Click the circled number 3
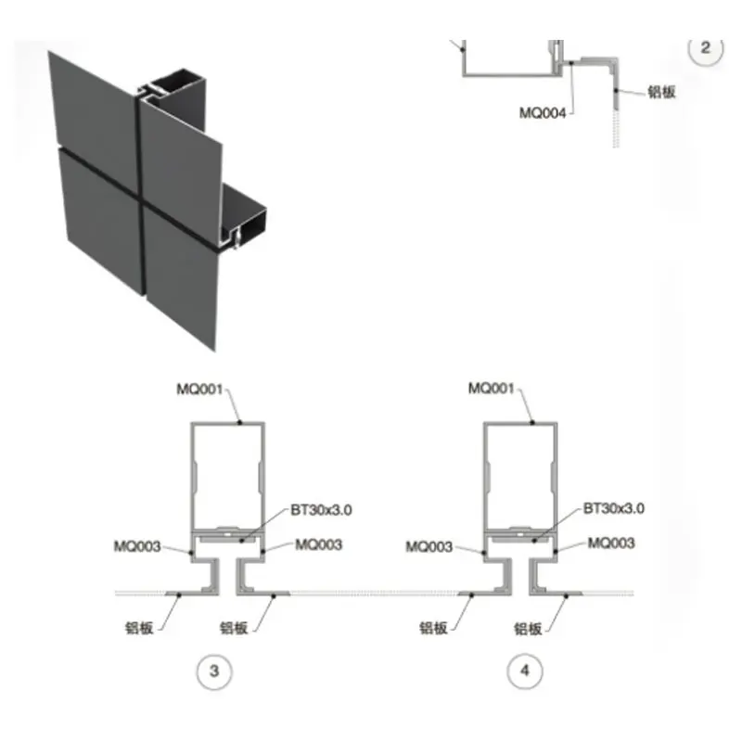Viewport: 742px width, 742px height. point(214,671)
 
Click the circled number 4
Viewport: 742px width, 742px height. point(525,670)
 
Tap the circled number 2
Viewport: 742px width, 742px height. point(706,48)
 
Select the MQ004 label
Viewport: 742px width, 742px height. point(543,113)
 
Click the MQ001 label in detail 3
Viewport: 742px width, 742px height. point(199,390)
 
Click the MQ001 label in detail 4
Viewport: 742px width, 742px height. point(492,389)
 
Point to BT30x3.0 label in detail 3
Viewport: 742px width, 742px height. point(321,509)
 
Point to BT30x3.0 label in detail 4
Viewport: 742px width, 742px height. point(614,508)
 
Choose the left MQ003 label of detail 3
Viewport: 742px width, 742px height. point(137,546)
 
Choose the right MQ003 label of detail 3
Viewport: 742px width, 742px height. point(318,544)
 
